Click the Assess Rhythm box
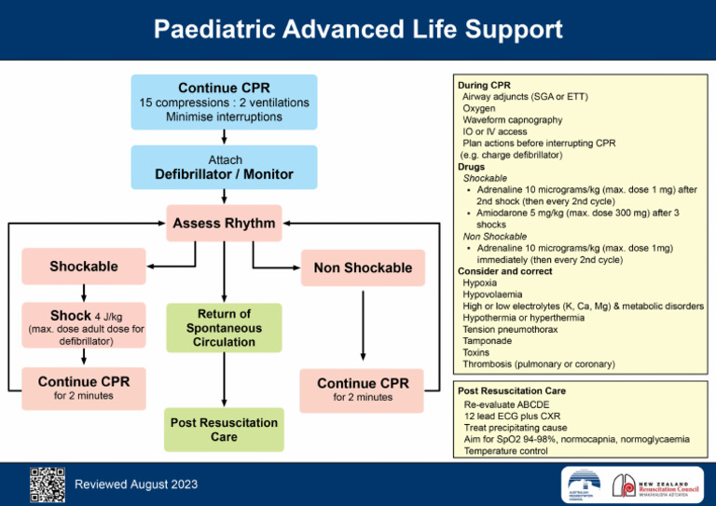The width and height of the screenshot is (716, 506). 224,224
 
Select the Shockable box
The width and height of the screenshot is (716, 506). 84,267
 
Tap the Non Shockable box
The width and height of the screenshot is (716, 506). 363,267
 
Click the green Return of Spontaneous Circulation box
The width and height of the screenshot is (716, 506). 224,328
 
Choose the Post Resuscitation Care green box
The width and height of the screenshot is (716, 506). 224,430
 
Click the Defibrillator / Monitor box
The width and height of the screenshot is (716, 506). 224,168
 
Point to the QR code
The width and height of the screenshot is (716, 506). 47,484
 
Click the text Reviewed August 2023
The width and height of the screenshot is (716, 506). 135,485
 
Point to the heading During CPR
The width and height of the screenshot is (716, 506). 484,85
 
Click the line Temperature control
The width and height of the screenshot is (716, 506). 506,451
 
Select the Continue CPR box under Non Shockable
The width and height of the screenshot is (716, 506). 363,390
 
